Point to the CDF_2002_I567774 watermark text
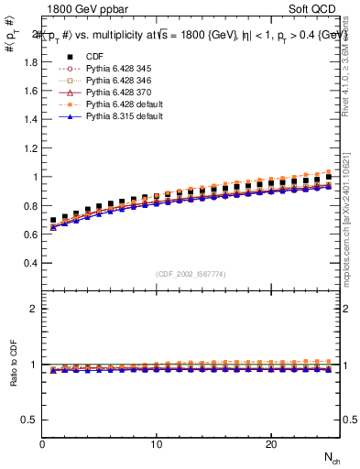[191, 274]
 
